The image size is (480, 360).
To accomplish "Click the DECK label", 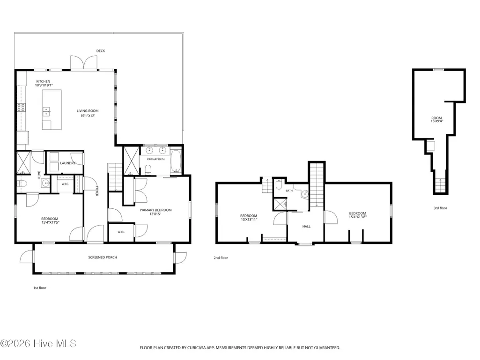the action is click(x=100, y=51).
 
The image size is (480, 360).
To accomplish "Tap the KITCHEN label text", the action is click(x=43, y=81).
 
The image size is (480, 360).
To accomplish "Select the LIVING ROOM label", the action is click(x=88, y=111).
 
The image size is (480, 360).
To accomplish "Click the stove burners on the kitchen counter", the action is click(x=21, y=108).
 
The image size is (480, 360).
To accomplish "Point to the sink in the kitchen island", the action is click(x=46, y=111).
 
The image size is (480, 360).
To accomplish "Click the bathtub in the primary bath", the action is click(x=176, y=161).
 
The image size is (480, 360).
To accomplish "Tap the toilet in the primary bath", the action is click(x=148, y=169).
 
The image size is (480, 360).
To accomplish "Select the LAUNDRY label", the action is click(x=67, y=163).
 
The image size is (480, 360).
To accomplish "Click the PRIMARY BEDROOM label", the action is click(x=156, y=210).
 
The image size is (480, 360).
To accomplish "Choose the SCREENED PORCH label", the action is click(x=103, y=257).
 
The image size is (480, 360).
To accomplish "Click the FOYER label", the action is click(x=97, y=191).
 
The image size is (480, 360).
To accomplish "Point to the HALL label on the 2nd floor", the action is click(x=306, y=227).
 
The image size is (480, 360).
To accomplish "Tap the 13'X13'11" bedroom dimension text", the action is click(x=249, y=220).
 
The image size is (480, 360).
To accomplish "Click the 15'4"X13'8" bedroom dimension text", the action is click(x=358, y=217).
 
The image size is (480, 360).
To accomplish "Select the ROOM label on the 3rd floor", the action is click(x=436, y=118).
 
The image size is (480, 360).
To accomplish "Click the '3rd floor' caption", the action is click(x=440, y=208).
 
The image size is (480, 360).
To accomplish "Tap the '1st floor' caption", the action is click(x=40, y=288).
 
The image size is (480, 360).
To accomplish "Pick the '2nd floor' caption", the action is click(x=221, y=258).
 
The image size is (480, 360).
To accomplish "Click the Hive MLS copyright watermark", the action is click(x=38, y=344).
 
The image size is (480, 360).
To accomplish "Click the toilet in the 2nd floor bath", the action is click(x=279, y=184).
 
